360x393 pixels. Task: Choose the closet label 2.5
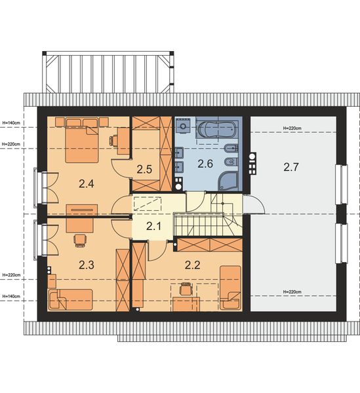(144, 169)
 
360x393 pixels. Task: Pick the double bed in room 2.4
(82, 136)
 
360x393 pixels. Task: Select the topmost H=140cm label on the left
(11, 122)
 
